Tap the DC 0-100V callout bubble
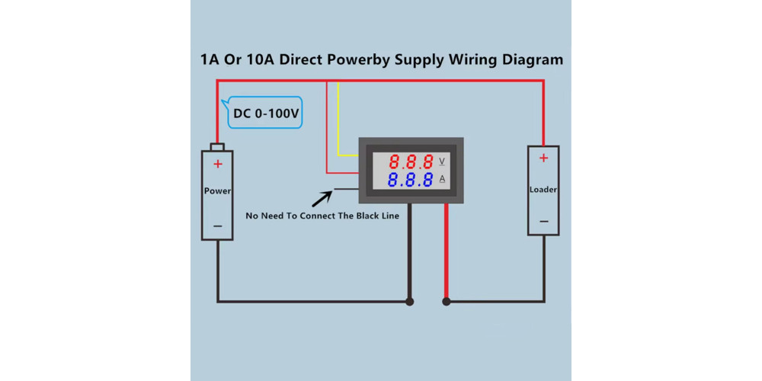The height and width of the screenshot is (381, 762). (x=265, y=114)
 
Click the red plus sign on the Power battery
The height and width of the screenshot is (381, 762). (x=218, y=165)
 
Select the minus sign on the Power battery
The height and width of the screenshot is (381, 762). (x=218, y=226)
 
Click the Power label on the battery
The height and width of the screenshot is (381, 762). (x=217, y=191)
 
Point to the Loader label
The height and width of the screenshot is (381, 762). (x=543, y=190)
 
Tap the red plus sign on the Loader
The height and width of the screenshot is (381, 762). (x=543, y=158)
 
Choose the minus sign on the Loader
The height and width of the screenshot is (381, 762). (x=544, y=222)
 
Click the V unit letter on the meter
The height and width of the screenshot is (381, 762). (x=442, y=161)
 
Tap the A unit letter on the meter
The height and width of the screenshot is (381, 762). (x=442, y=179)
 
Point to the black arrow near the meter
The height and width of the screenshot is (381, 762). (x=322, y=199)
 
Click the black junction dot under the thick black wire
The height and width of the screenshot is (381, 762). (x=410, y=302)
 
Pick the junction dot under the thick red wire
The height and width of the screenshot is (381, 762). (x=447, y=302)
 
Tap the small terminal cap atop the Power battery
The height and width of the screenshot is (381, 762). (x=217, y=147)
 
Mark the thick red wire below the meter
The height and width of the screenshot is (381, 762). (x=447, y=251)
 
